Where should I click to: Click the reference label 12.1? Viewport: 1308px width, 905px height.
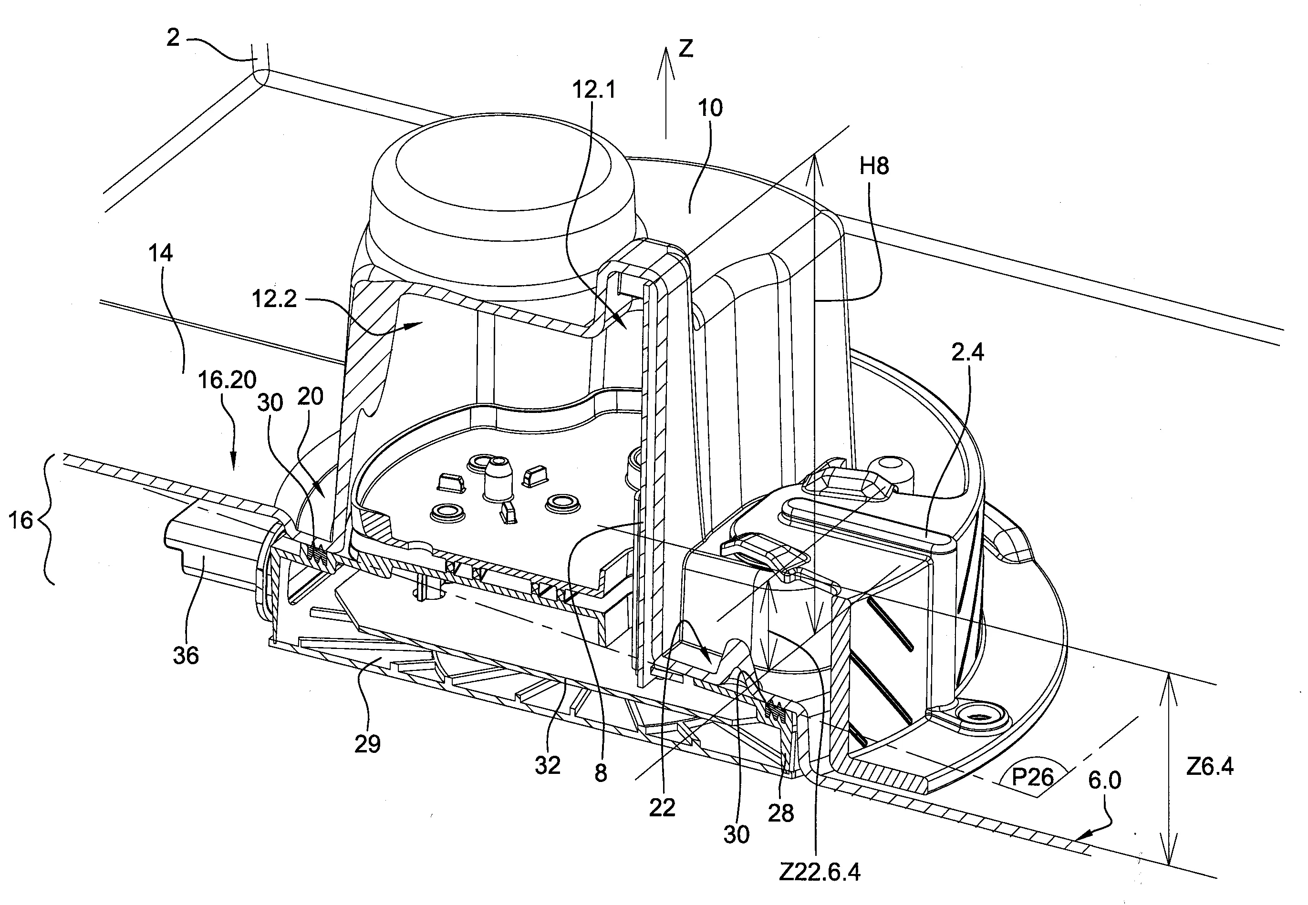point(594,90)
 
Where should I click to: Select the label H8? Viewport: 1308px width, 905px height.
point(874,166)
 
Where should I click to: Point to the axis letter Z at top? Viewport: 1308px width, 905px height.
point(686,49)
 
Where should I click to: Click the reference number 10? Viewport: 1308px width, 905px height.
point(710,108)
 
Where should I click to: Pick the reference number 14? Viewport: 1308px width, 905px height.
point(161,253)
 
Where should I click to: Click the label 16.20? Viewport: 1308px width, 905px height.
point(227,380)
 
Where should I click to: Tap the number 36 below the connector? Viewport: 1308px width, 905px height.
point(186,656)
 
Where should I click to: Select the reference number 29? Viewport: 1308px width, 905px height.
point(368,744)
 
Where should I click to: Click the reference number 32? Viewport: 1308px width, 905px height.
point(548,765)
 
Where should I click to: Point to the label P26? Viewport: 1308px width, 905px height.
point(1032,776)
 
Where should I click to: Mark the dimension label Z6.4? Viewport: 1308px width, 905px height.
point(1210,767)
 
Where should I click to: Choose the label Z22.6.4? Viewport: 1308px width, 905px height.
point(820,872)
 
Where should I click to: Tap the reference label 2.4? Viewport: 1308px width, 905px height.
point(968,353)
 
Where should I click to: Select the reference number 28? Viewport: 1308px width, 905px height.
point(780,814)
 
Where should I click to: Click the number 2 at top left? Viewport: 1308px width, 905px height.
point(173,38)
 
